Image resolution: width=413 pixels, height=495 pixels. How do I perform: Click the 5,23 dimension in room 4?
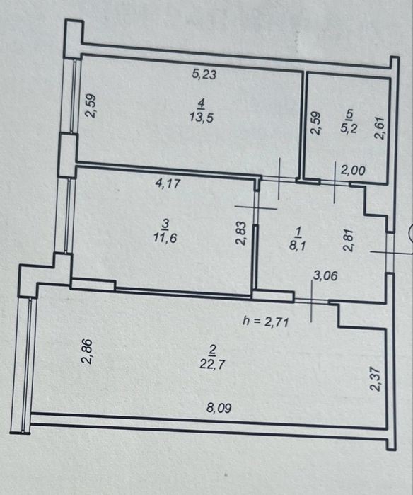point(204,74)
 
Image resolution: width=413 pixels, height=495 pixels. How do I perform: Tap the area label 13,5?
point(202,118)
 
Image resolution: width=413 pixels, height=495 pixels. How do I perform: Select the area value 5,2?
point(348,128)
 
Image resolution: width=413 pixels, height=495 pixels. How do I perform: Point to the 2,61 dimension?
point(380,128)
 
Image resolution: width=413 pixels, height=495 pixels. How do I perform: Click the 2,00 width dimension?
point(353,171)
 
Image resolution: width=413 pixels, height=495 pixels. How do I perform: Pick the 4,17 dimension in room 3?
point(168,183)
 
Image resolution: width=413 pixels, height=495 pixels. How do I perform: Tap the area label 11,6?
point(165,237)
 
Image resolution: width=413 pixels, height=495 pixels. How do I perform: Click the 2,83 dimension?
point(240,233)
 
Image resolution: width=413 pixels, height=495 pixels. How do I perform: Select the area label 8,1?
point(297,244)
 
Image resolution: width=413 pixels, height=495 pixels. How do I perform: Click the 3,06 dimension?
point(325,275)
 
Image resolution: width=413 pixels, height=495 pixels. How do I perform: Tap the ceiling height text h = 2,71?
point(265,322)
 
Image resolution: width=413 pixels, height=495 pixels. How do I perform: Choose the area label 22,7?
point(212,364)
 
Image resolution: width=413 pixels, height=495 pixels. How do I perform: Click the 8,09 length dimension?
point(219,408)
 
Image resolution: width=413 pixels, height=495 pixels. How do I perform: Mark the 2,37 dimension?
point(376,379)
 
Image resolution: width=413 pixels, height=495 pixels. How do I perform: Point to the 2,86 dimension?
point(86,351)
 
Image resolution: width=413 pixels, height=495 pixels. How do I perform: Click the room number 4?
point(202,103)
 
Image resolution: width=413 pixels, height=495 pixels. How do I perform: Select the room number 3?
point(165,224)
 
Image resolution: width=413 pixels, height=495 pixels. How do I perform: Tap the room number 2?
point(212,349)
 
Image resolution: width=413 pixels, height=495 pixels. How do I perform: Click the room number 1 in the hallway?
point(298,233)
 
